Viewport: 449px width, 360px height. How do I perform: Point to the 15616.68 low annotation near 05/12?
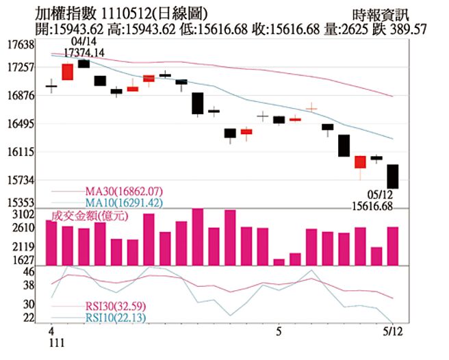pos(372,205)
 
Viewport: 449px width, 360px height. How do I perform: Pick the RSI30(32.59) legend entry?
pos(115,306)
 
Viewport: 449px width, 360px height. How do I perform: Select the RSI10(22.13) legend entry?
pos(115,318)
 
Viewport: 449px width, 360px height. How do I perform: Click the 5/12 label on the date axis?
pos(392,331)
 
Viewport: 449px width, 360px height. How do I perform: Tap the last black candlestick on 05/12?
pos(393,177)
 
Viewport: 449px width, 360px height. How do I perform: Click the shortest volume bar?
pos(279,261)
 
